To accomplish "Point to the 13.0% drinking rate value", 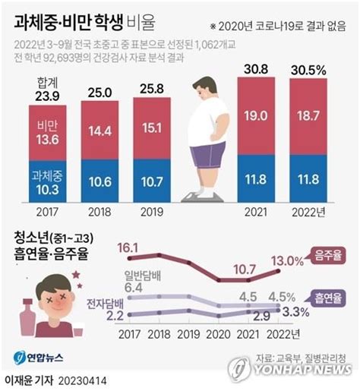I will (287, 260).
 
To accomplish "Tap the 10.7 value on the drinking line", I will (248, 268).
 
